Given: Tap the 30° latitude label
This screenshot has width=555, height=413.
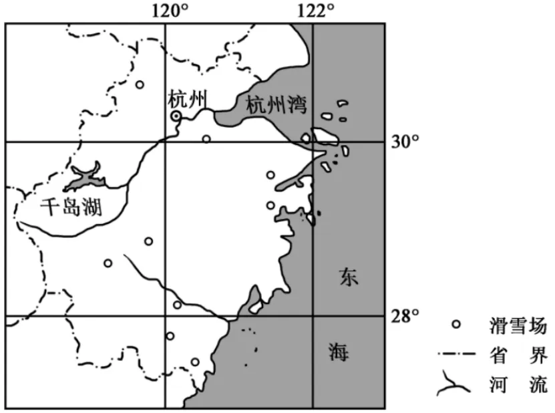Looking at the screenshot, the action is [x=405, y=142].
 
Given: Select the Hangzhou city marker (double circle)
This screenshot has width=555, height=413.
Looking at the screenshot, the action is [x=176, y=116].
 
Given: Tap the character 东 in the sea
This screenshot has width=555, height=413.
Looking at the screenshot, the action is [x=348, y=276].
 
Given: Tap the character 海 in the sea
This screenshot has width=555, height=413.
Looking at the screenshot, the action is [x=338, y=352].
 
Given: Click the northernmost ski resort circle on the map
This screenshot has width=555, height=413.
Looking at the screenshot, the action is [x=140, y=84].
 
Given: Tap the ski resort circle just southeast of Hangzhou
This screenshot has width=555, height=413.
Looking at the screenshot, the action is [x=206, y=139].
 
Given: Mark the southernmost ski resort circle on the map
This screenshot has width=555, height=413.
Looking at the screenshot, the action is [x=195, y=362].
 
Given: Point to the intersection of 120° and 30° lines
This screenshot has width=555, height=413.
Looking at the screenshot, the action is [x=166, y=142].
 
